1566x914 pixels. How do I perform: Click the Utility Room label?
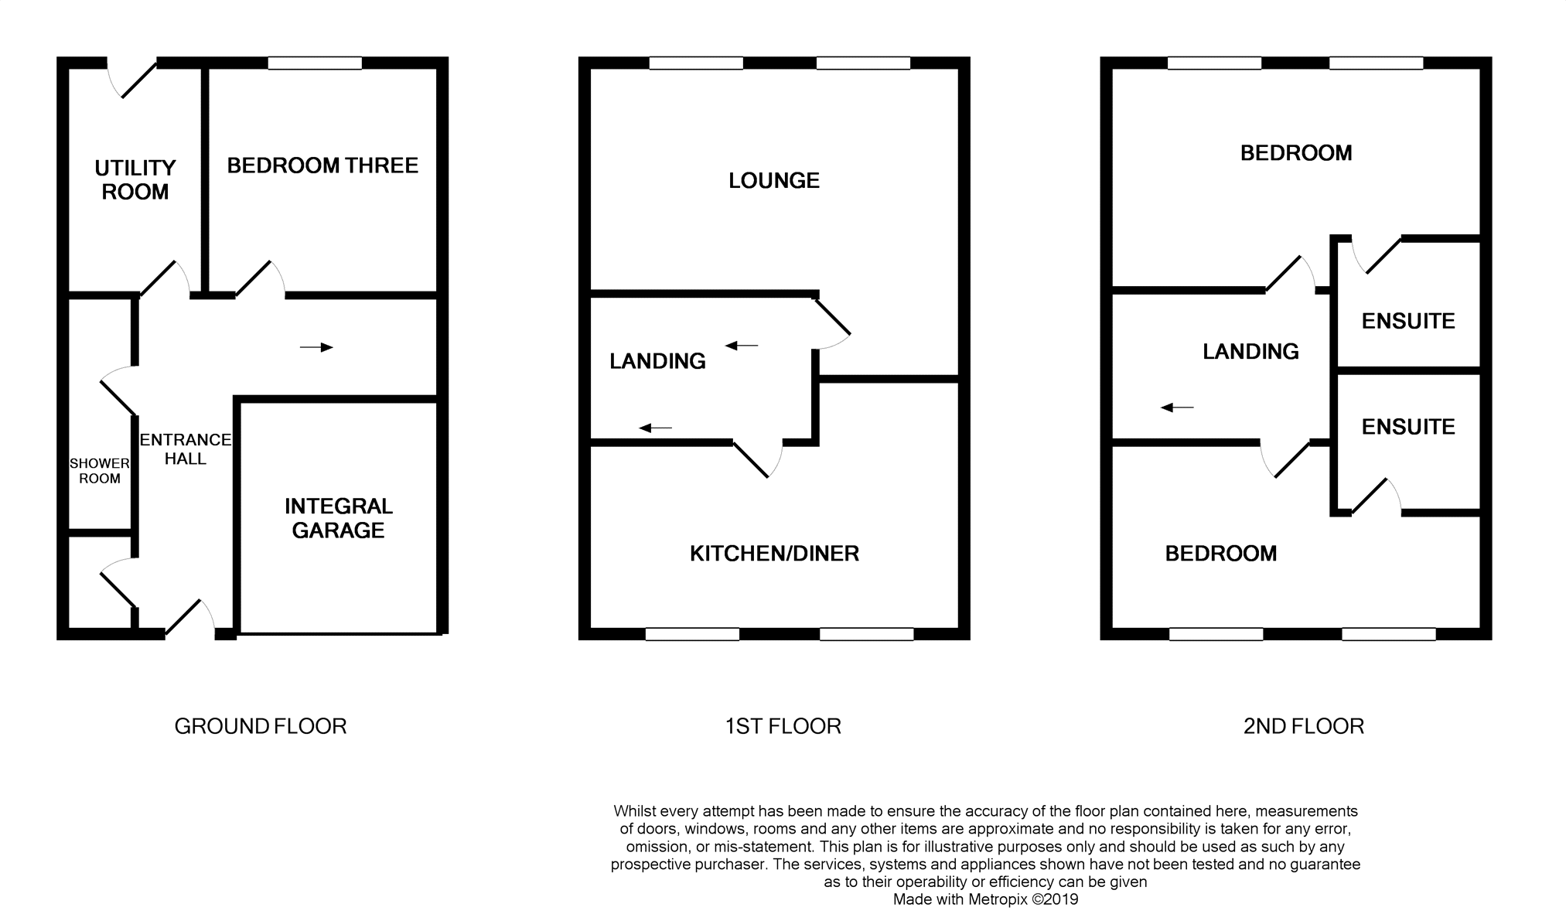pyautogui.click(x=135, y=179)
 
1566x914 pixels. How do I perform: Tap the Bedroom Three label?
pyautogui.click(x=322, y=165)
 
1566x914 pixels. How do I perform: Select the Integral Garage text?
pyautogui.click(x=339, y=518)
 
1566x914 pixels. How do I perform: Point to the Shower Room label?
pyautogui.click(x=100, y=471)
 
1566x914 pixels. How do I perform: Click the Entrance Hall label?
pyautogui.click(x=186, y=449)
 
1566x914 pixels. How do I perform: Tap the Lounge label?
pyautogui.click(x=774, y=181)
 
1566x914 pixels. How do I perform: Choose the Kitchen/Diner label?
pyautogui.click(x=774, y=554)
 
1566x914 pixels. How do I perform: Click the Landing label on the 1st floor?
pyautogui.click(x=657, y=361)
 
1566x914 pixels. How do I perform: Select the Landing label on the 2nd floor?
pyautogui.click(x=1250, y=352)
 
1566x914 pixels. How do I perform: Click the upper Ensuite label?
pyautogui.click(x=1408, y=321)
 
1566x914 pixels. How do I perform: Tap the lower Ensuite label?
pyautogui.click(x=1408, y=427)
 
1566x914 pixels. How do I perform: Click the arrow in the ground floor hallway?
pyautogui.click(x=316, y=347)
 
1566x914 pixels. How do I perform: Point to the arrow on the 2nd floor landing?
pyautogui.click(x=1177, y=408)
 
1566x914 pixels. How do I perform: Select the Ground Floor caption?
pyautogui.click(x=261, y=726)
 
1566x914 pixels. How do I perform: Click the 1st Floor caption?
pyautogui.click(x=783, y=726)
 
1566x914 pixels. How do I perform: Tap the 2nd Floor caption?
pyautogui.click(x=1304, y=726)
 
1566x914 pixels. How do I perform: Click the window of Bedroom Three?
pyautogui.click(x=315, y=63)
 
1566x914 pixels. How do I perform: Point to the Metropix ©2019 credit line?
pyautogui.click(x=985, y=899)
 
